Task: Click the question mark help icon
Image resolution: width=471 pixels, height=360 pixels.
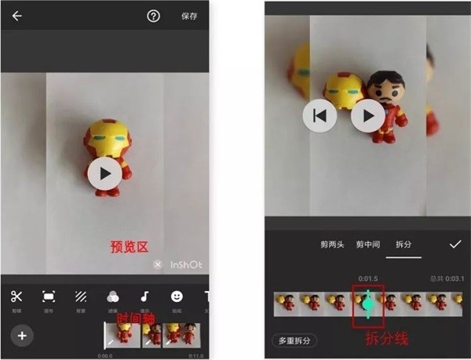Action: tap(153, 16)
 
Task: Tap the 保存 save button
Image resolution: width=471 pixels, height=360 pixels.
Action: tap(189, 16)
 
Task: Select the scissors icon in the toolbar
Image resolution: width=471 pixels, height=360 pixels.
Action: tap(17, 296)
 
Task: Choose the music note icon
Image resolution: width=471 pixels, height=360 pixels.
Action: tap(144, 296)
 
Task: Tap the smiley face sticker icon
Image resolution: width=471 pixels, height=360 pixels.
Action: tap(177, 296)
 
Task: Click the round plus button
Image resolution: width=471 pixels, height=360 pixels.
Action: tap(22, 336)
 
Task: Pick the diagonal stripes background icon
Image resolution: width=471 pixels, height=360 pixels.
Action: tap(81, 296)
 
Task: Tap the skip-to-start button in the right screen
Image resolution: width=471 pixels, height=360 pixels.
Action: tap(319, 116)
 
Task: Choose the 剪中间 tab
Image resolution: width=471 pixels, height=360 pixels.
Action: tap(368, 245)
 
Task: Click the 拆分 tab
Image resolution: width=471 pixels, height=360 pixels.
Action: tap(403, 245)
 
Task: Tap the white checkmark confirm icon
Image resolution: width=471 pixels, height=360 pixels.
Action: tap(455, 245)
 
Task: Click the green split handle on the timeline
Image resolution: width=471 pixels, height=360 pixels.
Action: tap(368, 304)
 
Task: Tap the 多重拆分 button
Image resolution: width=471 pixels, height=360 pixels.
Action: tap(294, 340)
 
